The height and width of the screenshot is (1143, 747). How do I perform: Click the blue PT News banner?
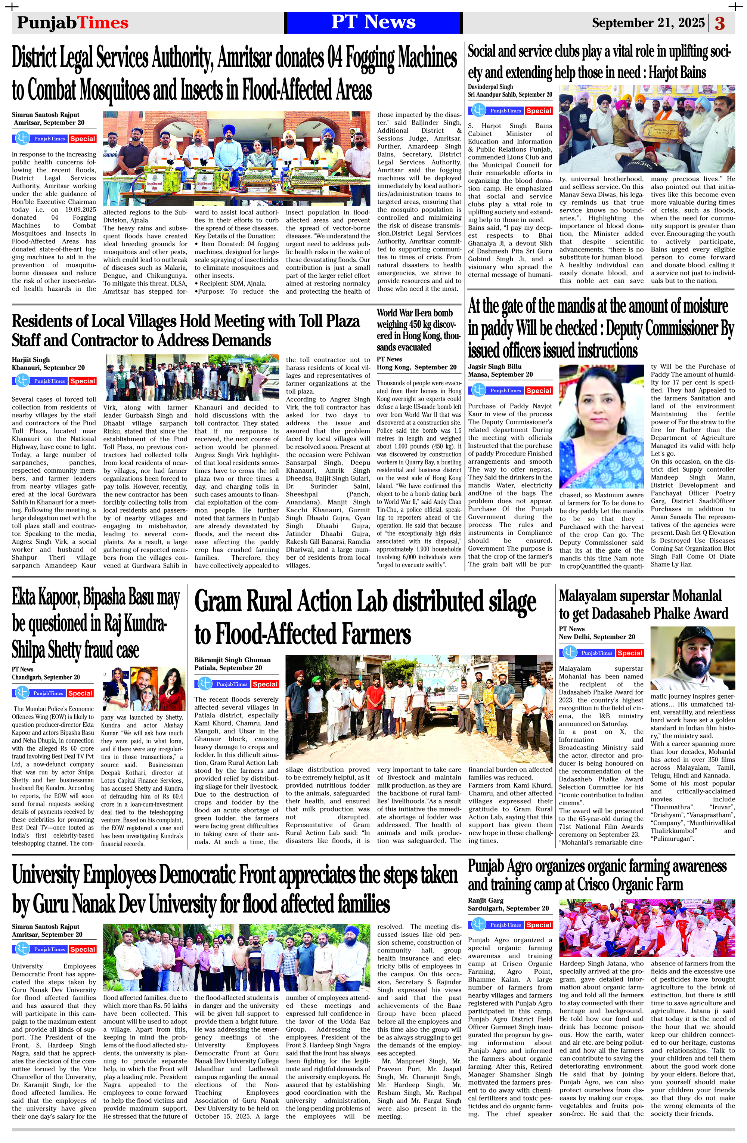pyautogui.click(x=373, y=22)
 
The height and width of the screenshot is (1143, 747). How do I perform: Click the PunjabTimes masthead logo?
pyautogui.click(x=72, y=22)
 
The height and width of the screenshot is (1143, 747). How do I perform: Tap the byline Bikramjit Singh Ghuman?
pyautogui.click(x=232, y=659)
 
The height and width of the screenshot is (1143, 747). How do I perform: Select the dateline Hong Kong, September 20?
pyautogui.click(x=416, y=367)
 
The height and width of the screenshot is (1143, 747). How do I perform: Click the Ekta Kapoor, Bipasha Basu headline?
pyautogui.click(x=96, y=624)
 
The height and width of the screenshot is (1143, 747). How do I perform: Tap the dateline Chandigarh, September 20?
pyautogui.click(x=46, y=677)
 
